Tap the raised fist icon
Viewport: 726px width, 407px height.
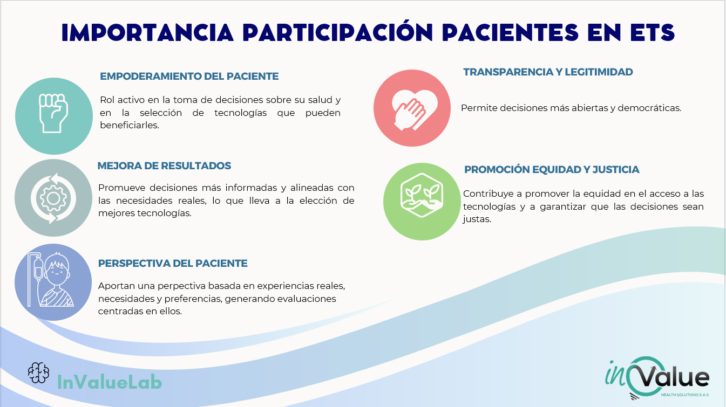coord(53,113)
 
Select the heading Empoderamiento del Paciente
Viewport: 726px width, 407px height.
coord(189,77)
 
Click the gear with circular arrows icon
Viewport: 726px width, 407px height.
coord(53,198)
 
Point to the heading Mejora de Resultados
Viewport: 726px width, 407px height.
coord(164,166)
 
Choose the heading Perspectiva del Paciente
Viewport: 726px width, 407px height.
coord(173,264)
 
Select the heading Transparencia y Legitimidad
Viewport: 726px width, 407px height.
coord(548,72)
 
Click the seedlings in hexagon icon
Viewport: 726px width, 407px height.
coord(422,195)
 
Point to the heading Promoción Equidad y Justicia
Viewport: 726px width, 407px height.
coord(552,170)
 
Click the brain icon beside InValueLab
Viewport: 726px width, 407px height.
coord(38,372)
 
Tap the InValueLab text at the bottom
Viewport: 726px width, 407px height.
coord(110,382)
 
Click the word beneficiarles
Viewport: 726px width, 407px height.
coord(130,125)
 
